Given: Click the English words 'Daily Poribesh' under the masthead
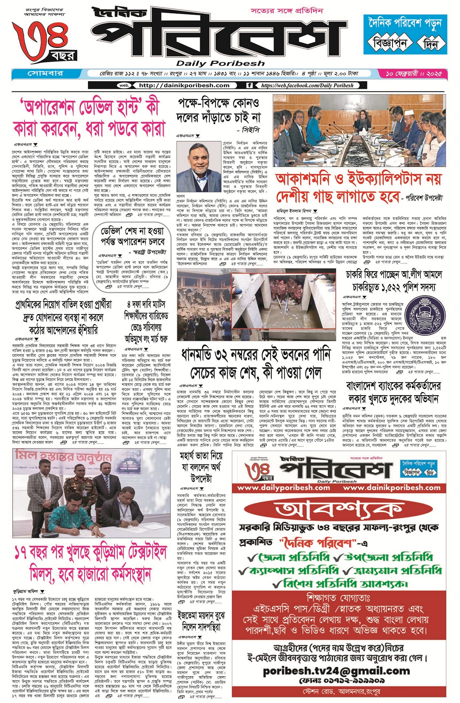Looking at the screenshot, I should tap(220, 63).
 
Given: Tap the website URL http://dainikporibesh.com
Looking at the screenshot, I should tap(184, 85).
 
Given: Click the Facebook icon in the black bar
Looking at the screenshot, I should tap(250, 85).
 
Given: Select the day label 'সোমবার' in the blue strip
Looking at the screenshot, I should tap(45, 73).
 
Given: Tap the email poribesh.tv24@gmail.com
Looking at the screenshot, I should tap(336, 671).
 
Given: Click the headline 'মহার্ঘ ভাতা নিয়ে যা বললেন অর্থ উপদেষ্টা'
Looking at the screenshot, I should tap(201, 467).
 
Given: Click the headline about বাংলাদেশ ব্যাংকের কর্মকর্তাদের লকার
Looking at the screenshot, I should tap(394, 392).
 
